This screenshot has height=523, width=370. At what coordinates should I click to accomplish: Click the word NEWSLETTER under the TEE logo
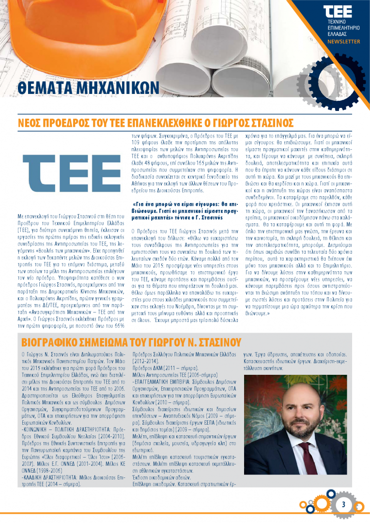(x=343, y=42)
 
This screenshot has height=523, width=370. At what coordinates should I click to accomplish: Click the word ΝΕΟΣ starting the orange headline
(x=30, y=122)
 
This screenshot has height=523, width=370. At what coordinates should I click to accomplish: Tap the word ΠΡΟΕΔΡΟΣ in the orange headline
(x=67, y=122)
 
